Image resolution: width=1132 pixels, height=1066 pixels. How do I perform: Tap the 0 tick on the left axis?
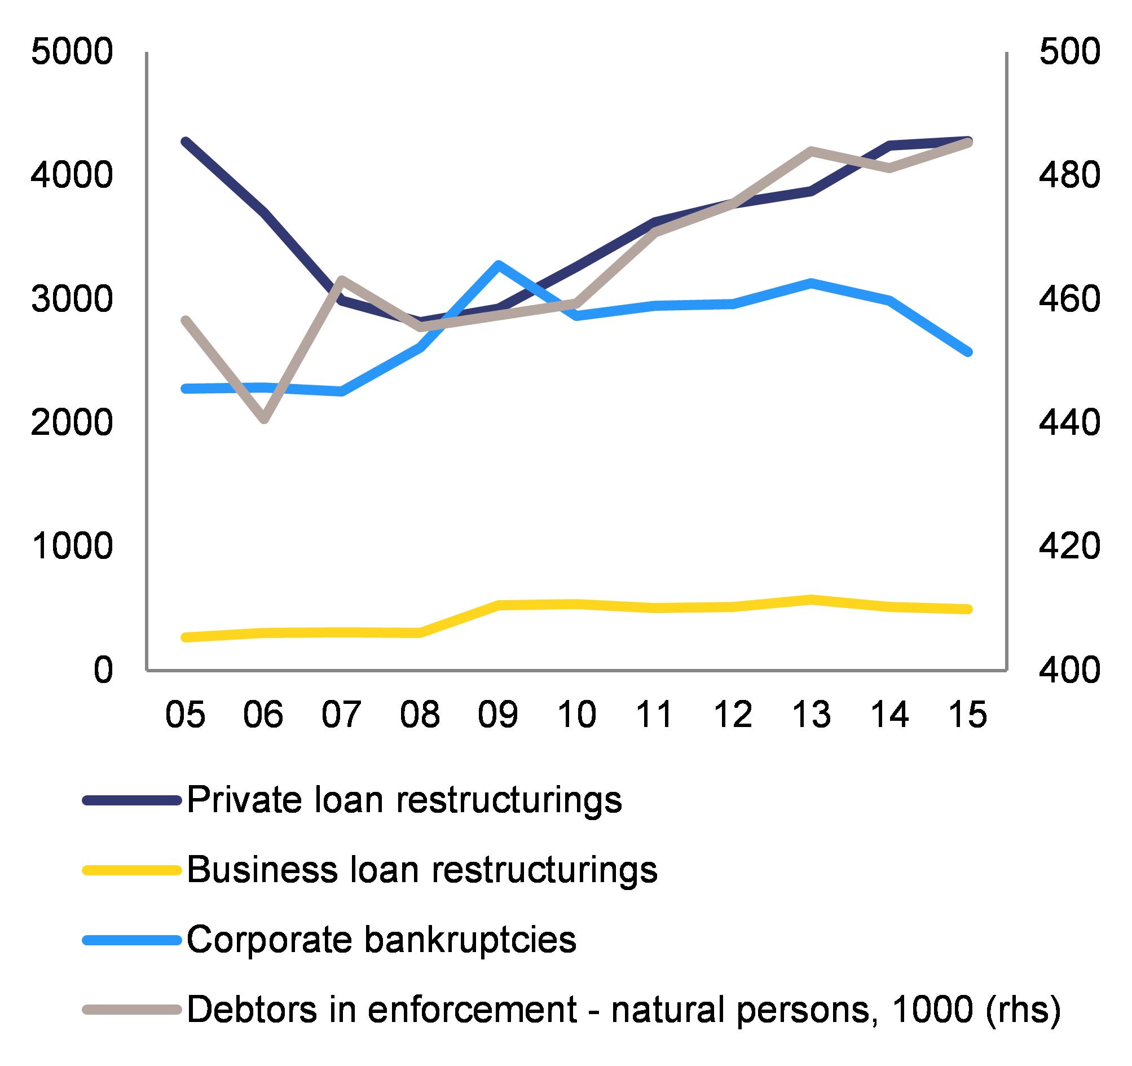point(103,670)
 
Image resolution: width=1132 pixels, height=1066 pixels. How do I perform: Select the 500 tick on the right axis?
point(1069,53)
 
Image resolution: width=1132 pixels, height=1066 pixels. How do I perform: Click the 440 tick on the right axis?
point(1069,423)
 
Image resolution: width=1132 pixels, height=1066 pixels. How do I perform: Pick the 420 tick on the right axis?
point(1069,547)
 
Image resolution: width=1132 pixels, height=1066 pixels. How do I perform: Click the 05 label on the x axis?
point(185,713)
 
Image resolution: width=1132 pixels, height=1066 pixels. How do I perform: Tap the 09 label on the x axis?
point(498,713)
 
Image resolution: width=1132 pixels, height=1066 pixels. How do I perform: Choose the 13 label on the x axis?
point(812,713)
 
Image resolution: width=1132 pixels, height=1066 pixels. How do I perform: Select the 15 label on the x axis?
point(967,713)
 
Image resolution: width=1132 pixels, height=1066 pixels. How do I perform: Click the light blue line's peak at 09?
point(498,264)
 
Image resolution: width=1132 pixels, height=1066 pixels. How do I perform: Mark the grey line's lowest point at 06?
point(263,419)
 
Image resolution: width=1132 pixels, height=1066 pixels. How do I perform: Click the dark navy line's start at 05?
point(185,140)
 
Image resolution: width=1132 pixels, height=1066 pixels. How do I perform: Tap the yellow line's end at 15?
point(967,609)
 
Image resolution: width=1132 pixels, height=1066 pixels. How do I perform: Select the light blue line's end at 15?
point(967,353)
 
